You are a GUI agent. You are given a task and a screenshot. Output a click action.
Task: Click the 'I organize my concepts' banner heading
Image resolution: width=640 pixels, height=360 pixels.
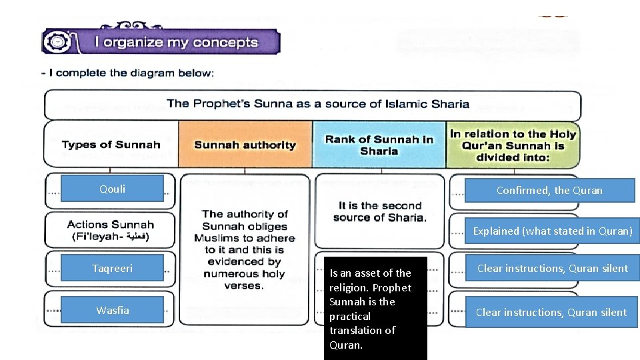click(176, 43)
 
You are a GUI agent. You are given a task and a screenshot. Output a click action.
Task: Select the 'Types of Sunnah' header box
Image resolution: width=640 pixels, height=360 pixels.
click(111, 145)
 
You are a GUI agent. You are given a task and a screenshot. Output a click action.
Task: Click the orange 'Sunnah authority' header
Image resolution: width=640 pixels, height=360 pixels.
click(245, 145)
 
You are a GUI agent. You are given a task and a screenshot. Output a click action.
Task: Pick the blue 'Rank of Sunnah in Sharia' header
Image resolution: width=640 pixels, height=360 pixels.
click(379, 145)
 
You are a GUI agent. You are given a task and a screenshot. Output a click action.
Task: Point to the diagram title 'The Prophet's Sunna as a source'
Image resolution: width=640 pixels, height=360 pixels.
click(317, 104)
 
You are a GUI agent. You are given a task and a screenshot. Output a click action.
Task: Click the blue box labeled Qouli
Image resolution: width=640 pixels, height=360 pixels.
click(112, 189)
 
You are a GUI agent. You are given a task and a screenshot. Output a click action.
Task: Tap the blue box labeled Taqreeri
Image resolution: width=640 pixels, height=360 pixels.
click(112, 268)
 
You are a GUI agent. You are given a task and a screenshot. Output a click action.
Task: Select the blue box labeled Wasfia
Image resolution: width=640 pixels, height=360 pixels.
click(112, 310)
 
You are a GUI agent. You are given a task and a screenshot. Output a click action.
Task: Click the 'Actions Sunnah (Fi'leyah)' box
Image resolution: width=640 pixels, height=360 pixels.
click(110, 231)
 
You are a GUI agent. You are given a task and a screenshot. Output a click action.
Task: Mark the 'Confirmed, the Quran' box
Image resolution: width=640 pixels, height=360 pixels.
click(549, 191)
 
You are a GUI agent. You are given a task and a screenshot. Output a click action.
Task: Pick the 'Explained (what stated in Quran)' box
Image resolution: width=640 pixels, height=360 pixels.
click(552, 231)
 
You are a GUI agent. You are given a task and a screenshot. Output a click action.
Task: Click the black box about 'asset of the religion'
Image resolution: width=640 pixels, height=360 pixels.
click(375, 309)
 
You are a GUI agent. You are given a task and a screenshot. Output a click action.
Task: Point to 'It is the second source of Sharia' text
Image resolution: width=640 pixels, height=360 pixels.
click(379, 211)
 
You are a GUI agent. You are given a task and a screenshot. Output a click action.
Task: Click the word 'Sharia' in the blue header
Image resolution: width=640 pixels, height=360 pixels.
click(379, 151)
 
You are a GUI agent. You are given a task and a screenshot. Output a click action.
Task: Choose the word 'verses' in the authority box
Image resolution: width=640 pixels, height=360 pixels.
click(243, 286)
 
